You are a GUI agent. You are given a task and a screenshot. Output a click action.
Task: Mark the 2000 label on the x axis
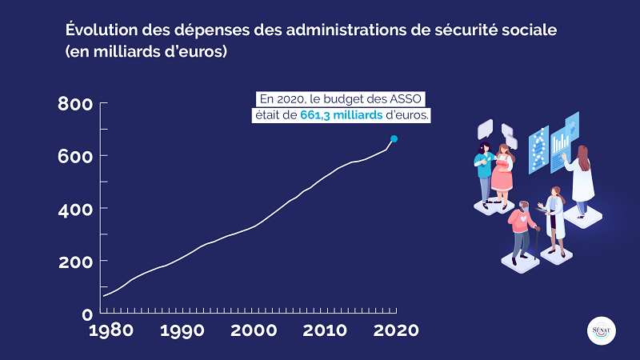tap(254, 330)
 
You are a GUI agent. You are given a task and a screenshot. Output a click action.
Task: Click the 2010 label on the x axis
tap(324, 330)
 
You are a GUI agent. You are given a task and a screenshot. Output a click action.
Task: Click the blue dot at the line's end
tap(394, 139)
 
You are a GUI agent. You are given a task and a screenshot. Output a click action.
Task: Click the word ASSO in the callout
tap(407, 99)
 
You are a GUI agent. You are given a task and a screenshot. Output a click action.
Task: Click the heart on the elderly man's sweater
tap(522, 218)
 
